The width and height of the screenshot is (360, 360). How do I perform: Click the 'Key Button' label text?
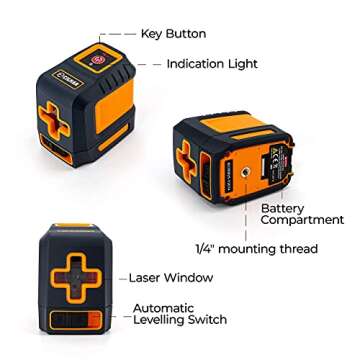pyautogui.click(x=173, y=34)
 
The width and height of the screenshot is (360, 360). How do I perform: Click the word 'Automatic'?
pyautogui.click(x=161, y=308)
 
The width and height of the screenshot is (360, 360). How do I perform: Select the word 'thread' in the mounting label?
pyautogui.click(x=297, y=248)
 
